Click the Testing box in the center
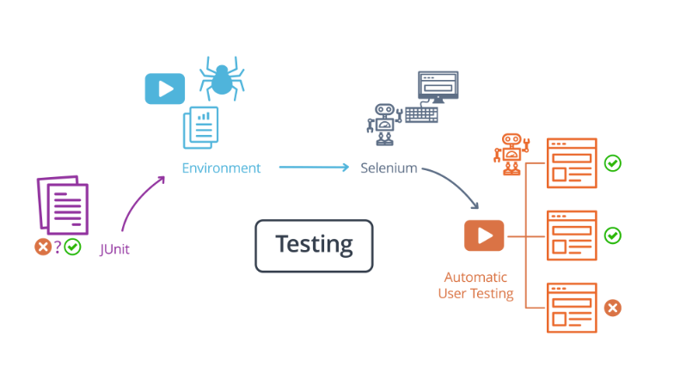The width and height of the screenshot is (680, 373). [x=314, y=245]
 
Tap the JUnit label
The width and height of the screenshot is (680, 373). [x=114, y=250]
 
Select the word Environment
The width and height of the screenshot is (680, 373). [x=221, y=168]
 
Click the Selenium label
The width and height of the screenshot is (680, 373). [x=389, y=168]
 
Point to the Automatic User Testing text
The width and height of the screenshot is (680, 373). [x=475, y=285]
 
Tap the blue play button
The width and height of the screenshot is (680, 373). [x=164, y=89]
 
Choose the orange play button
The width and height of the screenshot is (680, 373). [x=484, y=235]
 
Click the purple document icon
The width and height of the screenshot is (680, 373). [x=62, y=206]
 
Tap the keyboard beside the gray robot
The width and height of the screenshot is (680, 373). [x=421, y=113]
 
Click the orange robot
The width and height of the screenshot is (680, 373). [x=512, y=153]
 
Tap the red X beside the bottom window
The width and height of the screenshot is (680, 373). [x=612, y=308]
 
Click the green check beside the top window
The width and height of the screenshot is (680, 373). [x=612, y=162]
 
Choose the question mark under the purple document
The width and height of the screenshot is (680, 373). [x=58, y=248]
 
